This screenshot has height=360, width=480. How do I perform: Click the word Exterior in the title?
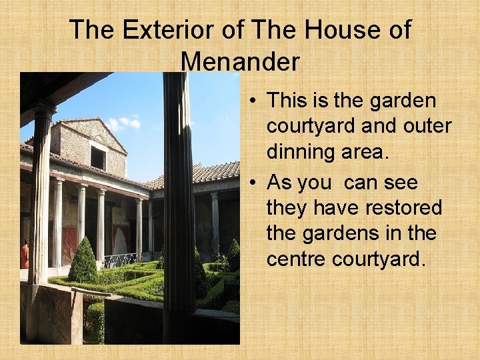point(157,31)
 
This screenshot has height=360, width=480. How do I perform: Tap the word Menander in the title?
point(240,62)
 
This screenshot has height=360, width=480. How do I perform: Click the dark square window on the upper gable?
point(98,158)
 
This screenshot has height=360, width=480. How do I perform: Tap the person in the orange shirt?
point(25,255)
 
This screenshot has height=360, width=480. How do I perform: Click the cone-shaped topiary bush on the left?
point(83,262)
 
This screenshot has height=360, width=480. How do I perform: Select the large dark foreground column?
point(178,200)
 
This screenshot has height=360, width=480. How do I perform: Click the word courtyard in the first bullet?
point(311,127)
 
